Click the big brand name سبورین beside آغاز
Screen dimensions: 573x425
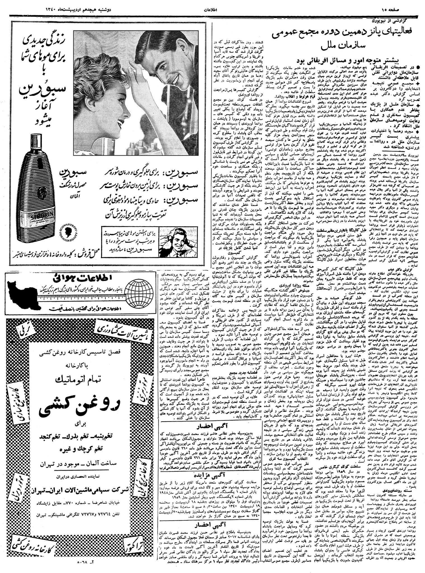click(x=39, y=90)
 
